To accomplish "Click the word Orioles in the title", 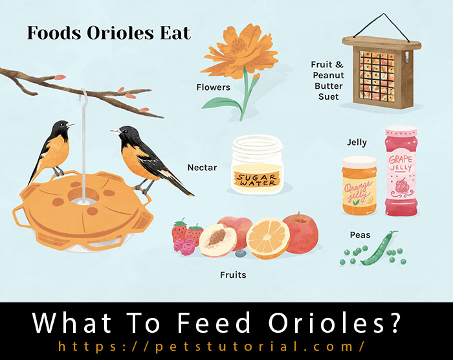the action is pos(120,32).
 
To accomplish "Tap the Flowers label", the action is pos(213,87).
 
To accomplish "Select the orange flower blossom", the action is pos(240,51).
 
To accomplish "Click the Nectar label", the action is pos(202,168).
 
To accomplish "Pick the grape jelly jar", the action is pos(401,171).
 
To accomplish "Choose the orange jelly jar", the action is pos(359,186).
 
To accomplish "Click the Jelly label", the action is pos(357,142).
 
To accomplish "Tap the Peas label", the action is pos(360,235).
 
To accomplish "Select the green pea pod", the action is pos(378,249).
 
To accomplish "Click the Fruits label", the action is pos(233,275).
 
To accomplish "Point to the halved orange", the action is pos(268,238).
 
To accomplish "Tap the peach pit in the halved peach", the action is pos(217,236).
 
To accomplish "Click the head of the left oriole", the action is pos(62,127).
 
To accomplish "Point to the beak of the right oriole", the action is pos(115,131).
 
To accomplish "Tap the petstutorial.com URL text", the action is pos(211,346).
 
